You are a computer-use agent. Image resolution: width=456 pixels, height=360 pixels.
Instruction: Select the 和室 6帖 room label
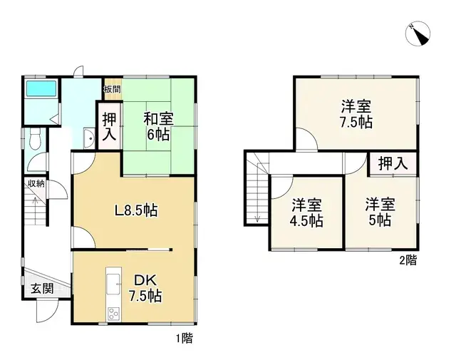pyautogui.click(x=159, y=125)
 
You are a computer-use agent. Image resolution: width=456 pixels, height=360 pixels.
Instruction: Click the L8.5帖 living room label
pyautogui.click(x=136, y=210)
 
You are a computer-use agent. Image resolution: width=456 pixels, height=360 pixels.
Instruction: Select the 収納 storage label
pyautogui.click(x=36, y=184)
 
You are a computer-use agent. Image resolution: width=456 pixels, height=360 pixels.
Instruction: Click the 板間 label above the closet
pyautogui.click(x=111, y=89)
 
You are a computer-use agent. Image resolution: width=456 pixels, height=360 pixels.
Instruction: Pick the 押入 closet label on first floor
pyautogui.click(x=109, y=125)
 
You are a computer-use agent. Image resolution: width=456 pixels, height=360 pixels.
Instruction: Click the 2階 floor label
pyautogui.click(x=407, y=261)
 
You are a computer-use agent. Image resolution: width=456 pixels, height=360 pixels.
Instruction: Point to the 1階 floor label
pyautogui.click(x=184, y=339)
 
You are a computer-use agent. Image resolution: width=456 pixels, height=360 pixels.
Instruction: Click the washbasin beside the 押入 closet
pyautogui.click(x=88, y=138)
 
